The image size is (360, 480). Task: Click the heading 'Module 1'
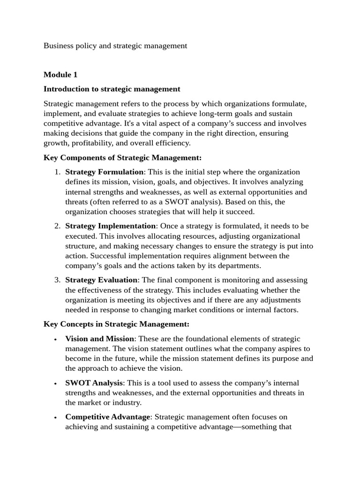[x=60, y=75]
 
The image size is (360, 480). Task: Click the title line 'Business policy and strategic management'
[x=115, y=45]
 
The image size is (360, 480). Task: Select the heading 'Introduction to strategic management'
[x=112, y=89]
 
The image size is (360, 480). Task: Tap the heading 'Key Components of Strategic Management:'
[x=122, y=157]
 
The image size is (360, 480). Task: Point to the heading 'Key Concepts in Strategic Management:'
[x=116, y=324]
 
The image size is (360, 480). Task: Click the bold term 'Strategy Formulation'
[x=104, y=172]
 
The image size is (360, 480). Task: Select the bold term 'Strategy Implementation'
[x=111, y=226]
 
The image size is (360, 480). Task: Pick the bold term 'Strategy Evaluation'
[x=101, y=280]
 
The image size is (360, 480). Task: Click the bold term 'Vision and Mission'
[x=100, y=338]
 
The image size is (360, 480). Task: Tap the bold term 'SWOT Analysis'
[x=94, y=383]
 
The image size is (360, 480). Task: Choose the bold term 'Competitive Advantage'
[x=108, y=417]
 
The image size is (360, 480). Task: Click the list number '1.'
[x=57, y=172]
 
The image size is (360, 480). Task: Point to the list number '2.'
[x=57, y=226]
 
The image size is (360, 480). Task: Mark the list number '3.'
[x=57, y=280]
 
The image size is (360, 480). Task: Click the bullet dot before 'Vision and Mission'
[x=56, y=339]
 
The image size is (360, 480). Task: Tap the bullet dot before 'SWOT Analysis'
[x=56, y=384]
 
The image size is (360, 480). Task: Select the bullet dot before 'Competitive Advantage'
[x=56, y=418]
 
